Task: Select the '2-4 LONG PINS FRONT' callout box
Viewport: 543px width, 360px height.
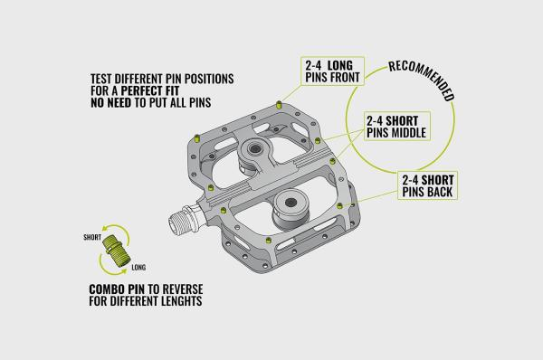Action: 332,71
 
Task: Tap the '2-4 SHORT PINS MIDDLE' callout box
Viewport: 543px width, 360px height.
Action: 397,126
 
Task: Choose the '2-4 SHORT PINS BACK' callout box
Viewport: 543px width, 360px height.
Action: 428,185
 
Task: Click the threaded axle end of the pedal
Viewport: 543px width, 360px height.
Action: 181,220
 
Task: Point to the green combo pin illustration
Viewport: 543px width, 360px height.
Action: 116,250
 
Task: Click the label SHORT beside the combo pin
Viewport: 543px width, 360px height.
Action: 92,238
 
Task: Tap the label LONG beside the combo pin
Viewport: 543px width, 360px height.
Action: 138,268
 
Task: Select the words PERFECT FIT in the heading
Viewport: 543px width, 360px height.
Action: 150,90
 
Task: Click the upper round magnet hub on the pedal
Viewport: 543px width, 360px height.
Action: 255,149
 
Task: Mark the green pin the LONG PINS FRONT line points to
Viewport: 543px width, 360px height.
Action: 279,104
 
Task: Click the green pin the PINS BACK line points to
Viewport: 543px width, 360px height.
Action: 339,206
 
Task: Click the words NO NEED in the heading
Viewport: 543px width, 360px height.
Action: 110,102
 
